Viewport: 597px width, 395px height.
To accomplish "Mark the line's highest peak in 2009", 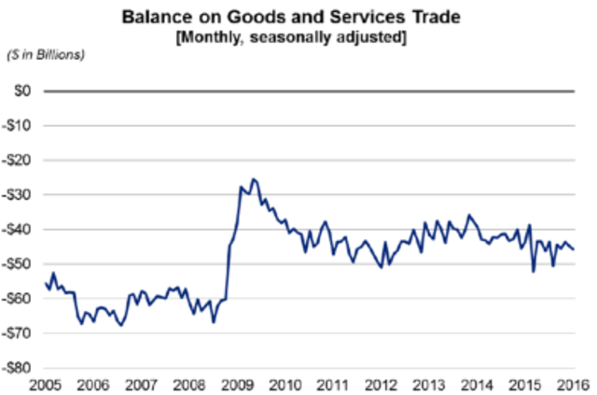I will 254,178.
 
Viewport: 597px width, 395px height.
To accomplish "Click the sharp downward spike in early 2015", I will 534,272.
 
